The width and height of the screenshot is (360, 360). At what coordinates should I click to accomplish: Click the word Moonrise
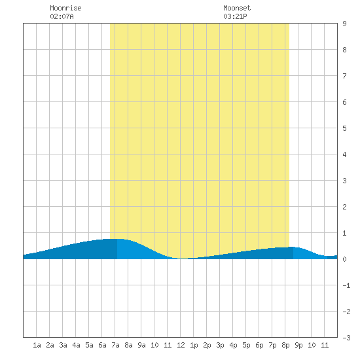(x=65, y=8)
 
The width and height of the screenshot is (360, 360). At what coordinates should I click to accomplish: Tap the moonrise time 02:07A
(x=62, y=16)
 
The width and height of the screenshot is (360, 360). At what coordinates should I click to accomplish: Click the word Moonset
(x=237, y=8)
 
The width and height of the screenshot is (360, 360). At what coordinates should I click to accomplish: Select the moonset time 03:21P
(x=235, y=16)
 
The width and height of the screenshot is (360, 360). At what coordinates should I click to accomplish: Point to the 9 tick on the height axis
(x=344, y=24)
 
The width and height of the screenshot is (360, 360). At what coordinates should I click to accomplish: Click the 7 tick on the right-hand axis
(x=344, y=76)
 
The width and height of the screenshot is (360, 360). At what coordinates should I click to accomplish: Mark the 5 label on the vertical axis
(x=344, y=128)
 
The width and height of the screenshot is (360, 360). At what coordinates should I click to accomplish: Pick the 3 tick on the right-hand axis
(x=344, y=181)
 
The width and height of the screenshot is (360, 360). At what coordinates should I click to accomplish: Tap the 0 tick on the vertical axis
(x=344, y=259)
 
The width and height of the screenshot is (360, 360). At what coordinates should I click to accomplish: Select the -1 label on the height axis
(x=346, y=285)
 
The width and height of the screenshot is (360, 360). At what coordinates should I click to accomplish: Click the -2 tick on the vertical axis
(x=346, y=312)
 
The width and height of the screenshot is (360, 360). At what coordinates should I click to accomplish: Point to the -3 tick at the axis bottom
(x=346, y=338)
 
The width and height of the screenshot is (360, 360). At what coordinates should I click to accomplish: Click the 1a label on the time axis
(x=37, y=345)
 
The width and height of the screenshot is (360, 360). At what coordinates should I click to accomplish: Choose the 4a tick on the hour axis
(x=76, y=345)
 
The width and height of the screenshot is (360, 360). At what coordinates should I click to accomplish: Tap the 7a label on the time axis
(x=115, y=345)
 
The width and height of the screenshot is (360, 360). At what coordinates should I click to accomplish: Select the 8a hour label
(x=128, y=345)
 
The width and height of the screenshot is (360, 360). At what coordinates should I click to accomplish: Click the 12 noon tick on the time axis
(x=181, y=345)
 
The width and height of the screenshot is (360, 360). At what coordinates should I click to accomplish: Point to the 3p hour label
(x=220, y=345)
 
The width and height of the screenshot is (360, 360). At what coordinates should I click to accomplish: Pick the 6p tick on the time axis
(x=259, y=345)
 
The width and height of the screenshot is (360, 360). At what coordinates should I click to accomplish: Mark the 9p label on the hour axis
(x=298, y=345)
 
